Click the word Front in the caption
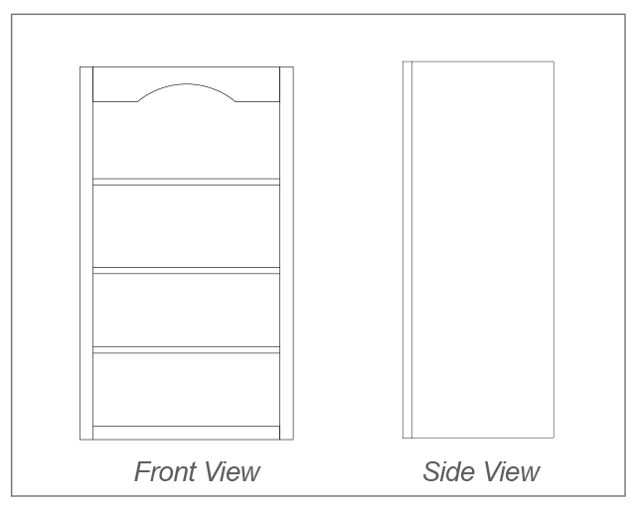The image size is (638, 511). coord(167,471)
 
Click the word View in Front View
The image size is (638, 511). coord(233,471)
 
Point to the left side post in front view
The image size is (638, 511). coord(86,253)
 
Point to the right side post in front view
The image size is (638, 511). coord(286,253)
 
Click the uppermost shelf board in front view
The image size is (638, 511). coord(187,182)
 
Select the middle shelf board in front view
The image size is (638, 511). coord(187,271)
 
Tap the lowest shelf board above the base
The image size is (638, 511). coord(187,349)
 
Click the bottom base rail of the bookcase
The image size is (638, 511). coord(187,433)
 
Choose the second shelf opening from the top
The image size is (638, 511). coord(187,226)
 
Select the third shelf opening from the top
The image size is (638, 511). coord(187,311)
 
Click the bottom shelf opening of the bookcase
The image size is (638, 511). coord(187,390)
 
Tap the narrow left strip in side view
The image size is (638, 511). coord(407,250)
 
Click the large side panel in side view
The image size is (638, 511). coord(483,250)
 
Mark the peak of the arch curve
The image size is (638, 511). coord(187,83)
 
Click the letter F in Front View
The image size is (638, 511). coord(141,471)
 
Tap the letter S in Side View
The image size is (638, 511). coord(431,471)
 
